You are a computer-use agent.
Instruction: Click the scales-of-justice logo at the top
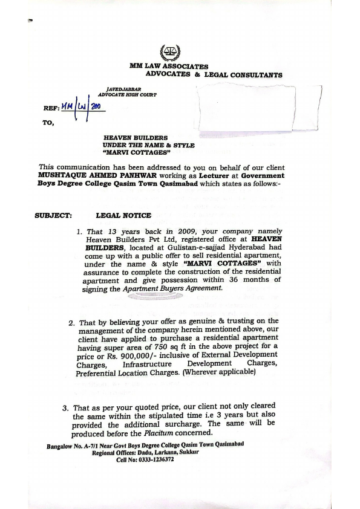(164, 53)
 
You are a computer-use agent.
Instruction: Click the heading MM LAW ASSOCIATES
(168, 66)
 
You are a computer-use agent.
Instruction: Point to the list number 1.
(79, 232)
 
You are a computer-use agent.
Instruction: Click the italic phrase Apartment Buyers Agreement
(173, 289)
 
